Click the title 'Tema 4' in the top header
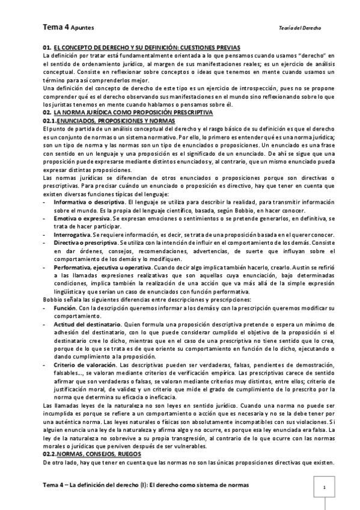click(55, 27)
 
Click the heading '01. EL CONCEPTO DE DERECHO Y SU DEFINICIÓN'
click(141, 46)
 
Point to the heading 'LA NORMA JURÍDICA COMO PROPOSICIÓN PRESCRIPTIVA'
click(132, 112)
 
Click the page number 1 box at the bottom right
click(324, 487)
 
